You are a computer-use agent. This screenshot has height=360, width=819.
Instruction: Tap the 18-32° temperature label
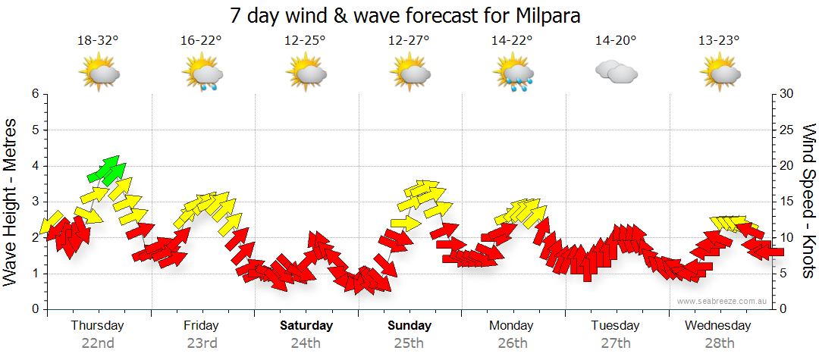(98, 41)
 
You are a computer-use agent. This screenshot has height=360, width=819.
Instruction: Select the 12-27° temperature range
(409, 41)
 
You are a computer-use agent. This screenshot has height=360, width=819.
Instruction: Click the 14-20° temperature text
(616, 41)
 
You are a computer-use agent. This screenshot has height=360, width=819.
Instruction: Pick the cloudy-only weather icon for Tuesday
(616, 73)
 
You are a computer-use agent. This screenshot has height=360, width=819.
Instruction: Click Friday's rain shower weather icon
(202, 74)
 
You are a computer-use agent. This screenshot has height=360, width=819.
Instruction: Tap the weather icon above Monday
(513, 74)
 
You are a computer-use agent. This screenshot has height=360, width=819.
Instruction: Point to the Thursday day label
(97, 326)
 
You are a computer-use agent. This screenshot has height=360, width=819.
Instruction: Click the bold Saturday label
(306, 326)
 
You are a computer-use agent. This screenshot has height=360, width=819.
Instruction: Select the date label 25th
(409, 343)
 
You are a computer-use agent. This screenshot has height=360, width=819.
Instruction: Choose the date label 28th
(720, 343)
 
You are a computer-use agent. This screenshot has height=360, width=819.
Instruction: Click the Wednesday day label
(717, 326)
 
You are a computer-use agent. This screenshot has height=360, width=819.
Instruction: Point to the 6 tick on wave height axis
(35, 94)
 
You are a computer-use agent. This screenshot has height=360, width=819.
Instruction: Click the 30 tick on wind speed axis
(787, 94)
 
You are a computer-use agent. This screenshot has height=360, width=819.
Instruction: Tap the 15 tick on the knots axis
(787, 202)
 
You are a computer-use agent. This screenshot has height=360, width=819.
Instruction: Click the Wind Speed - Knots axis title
(807, 201)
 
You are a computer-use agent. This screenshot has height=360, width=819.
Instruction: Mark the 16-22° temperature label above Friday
(201, 41)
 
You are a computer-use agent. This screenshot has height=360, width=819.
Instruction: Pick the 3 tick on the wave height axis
(35, 202)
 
